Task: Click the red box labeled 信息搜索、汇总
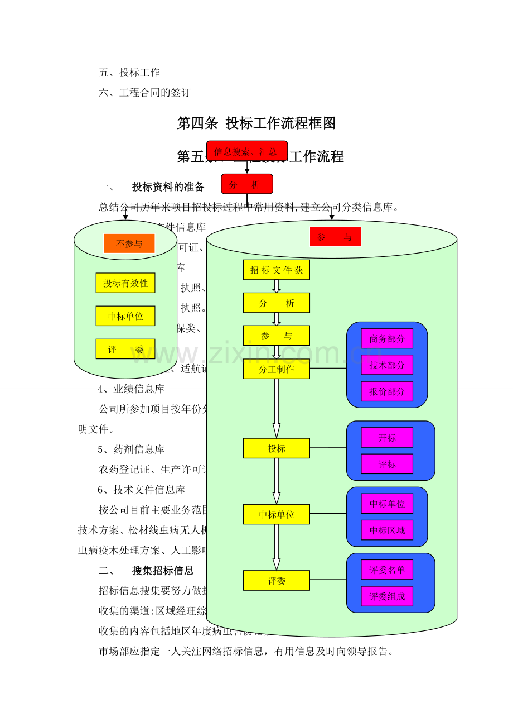point(246,151)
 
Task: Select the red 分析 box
point(246,184)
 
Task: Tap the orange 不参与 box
point(129,243)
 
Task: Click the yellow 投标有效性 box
point(125,283)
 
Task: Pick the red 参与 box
point(335,237)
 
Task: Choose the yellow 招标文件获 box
point(276,270)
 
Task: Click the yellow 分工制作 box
point(276,369)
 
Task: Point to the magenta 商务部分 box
point(387,338)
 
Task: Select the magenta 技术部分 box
point(387,365)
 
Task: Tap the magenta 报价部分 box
point(387,391)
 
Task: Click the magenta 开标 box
point(387,438)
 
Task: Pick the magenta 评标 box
point(387,464)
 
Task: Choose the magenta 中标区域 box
point(387,530)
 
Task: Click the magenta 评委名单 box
point(387,570)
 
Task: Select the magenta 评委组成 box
point(387,596)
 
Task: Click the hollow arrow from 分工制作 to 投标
point(276,408)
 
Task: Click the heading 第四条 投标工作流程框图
point(256,123)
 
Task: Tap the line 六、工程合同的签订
point(145,93)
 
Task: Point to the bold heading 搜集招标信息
point(163,571)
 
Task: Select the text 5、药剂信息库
point(131,449)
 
